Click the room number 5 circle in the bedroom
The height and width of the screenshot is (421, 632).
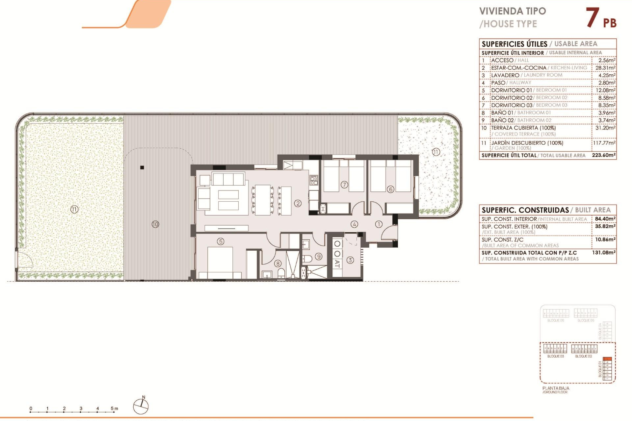coord(221,241)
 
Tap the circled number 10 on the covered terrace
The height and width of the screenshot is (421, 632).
coord(155,224)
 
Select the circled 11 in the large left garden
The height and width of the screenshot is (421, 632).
coord(74,209)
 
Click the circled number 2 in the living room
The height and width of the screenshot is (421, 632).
coord(298,203)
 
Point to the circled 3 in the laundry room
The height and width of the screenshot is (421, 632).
coord(350,260)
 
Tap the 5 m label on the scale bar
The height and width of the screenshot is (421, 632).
coord(114,409)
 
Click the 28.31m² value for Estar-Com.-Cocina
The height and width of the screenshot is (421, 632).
coord(605,68)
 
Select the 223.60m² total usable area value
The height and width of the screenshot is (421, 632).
coord(603,155)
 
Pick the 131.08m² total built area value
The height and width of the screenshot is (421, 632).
coord(603,253)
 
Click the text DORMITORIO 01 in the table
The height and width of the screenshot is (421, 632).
coord(511,90)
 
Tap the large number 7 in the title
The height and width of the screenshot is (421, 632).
coord(592,18)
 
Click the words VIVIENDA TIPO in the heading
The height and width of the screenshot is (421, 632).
coord(513,11)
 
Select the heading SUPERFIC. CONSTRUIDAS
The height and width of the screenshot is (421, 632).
coord(525,210)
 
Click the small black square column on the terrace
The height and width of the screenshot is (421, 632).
coord(142,168)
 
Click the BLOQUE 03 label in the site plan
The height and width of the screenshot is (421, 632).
coord(555,356)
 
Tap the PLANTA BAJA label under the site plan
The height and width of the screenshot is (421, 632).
coord(556,388)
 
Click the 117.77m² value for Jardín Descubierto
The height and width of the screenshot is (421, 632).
coord(604,143)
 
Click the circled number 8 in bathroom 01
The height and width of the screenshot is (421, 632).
coord(278,263)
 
